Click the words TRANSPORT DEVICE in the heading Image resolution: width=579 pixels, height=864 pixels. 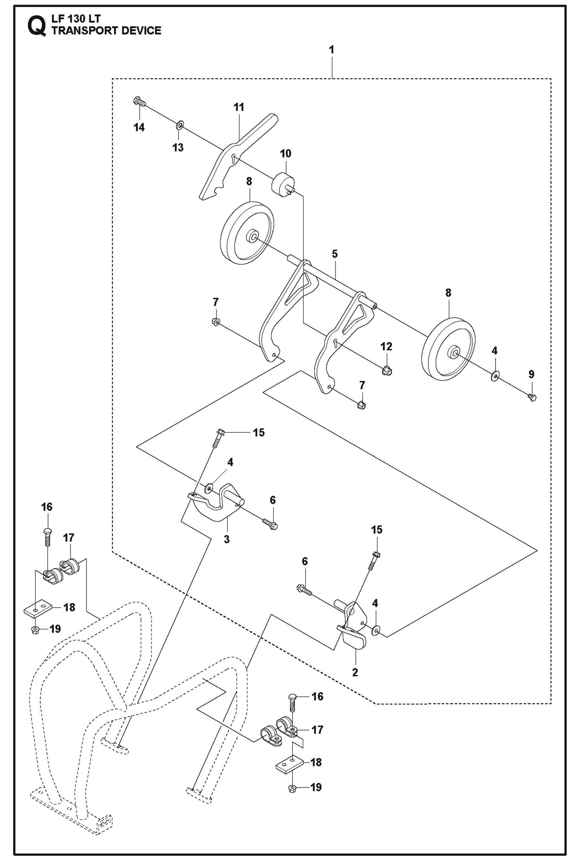pyautogui.click(x=106, y=31)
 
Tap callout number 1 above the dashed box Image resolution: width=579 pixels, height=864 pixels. pyautogui.click(x=331, y=50)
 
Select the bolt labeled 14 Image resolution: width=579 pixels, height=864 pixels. pyautogui.click(x=138, y=101)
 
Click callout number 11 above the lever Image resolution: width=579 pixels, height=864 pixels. pyautogui.click(x=239, y=107)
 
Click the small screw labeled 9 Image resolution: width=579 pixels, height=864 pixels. pyautogui.click(x=532, y=397)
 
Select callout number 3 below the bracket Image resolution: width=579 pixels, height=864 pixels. pyautogui.click(x=227, y=539)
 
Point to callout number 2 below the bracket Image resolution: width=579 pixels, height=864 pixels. pyautogui.click(x=355, y=672)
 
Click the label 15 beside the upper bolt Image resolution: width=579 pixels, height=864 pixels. pyautogui.click(x=259, y=432)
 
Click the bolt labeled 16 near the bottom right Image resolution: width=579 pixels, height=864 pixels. pyautogui.click(x=292, y=702)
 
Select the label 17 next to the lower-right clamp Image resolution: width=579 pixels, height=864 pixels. pyautogui.click(x=317, y=730)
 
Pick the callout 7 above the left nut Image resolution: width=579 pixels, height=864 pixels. pyautogui.click(x=216, y=301)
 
